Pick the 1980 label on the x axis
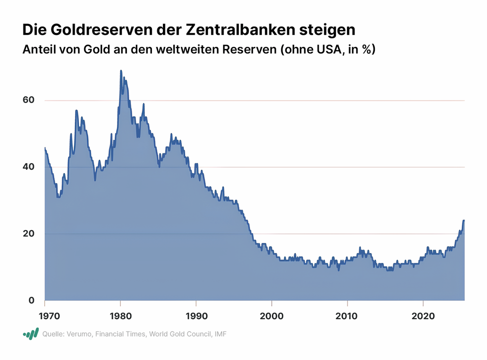(x=121, y=316)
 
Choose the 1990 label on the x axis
(x=196, y=316)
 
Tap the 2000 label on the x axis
(x=272, y=316)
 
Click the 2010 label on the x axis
(x=347, y=316)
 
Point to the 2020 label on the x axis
(x=423, y=316)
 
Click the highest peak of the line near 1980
(x=121, y=71)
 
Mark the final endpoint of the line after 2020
(x=464, y=220)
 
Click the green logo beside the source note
(x=31, y=334)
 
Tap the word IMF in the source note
(x=220, y=334)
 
